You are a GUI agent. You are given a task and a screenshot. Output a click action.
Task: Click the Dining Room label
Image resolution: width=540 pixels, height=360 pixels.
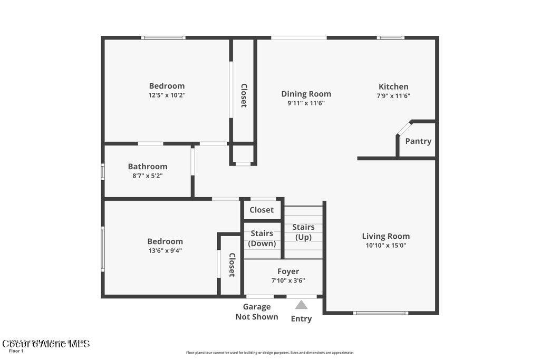pyautogui.click(x=306, y=94)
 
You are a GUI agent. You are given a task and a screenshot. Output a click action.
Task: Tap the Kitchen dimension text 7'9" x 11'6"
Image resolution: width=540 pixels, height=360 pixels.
pyautogui.click(x=393, y=96)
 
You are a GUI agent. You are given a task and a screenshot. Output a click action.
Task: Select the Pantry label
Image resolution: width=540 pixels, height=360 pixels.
pyautogui.click(x=418, y=141)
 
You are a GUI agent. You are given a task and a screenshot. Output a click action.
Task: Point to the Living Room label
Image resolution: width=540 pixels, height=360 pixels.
pyautogui.click(x=385, y=236)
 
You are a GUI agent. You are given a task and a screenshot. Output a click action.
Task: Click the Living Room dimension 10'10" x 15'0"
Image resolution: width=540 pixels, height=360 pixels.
pyautogui.click(x=385, y=245)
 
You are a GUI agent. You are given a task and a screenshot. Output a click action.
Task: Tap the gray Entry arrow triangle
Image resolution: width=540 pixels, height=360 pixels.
pyautogui.click(x=301, y=305)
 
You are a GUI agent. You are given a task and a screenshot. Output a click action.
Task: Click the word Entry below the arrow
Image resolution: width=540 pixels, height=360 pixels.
pyautogui.click(x=301, y=318)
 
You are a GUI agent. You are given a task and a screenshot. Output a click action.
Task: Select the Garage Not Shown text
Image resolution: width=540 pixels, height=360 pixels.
pyautogui.click(x=257, y=312)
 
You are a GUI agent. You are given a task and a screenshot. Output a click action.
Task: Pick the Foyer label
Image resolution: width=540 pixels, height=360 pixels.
pyautogui.click(x=288, y=271)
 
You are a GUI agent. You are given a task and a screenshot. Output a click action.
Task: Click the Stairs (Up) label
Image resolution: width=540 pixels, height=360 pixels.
pyautogui.click(x=304, y=232)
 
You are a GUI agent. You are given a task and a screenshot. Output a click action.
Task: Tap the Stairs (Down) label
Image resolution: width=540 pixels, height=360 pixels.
pyautogui.click(x=262, y=238)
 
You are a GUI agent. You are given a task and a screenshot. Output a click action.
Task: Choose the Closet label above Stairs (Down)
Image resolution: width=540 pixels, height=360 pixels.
pyautogui.click(x=262, y=210)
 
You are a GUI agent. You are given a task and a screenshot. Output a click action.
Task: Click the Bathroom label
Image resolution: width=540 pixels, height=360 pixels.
pyautogui.click(x=148, y=167)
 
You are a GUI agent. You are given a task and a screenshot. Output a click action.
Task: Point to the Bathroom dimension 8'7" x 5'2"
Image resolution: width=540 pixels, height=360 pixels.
pyautogui.click(x=148, y=176)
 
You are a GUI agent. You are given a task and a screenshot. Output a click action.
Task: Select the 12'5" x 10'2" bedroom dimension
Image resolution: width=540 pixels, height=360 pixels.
pyautogui.click(x=167, y=95)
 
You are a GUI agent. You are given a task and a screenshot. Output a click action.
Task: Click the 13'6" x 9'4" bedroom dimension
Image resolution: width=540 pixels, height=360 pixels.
pyautogui.click(x=165, y=250)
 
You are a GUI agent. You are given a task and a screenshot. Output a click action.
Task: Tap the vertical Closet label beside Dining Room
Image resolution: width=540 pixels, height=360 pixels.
pyautogui.click(x=244, y=95)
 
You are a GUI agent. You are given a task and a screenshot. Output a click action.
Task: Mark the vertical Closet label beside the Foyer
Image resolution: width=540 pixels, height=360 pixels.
pyautogui.click(x=232, y=265)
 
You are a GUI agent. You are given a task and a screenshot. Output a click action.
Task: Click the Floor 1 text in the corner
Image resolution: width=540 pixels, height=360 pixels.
pyautogui.click(x=16, y=351)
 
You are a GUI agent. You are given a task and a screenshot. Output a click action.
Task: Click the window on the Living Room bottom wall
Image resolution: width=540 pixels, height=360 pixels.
pyautogui.click(x=380, y=313)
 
